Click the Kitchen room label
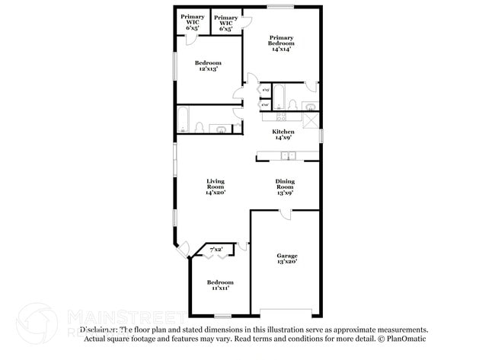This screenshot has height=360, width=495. [283, 135]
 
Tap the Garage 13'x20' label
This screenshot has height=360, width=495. [286, 258]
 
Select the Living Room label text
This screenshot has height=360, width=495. [216, 186]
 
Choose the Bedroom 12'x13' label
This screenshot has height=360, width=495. [207, 65]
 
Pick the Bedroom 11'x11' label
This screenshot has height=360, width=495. [219, 285]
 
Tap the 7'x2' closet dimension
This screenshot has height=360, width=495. [216, 249]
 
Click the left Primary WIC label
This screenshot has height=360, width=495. [193, 22]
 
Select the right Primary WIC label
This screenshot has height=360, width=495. [226, 22]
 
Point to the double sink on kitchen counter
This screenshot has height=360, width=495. [288, 156]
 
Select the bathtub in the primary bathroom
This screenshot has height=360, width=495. [279, 95]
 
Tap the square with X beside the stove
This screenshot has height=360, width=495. [311, 119]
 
